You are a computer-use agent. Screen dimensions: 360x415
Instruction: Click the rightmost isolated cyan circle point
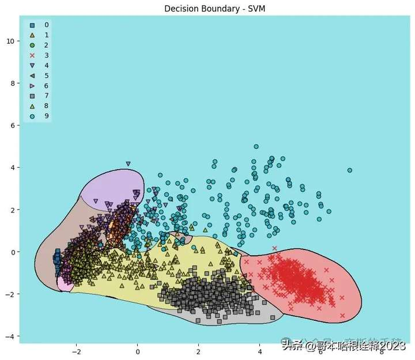coord(349,170)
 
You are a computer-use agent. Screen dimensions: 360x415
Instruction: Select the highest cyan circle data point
coord(256,147)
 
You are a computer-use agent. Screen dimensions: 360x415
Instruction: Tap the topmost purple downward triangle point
coord(128,164)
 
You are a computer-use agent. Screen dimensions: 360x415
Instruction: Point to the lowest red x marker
coord(342,316)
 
